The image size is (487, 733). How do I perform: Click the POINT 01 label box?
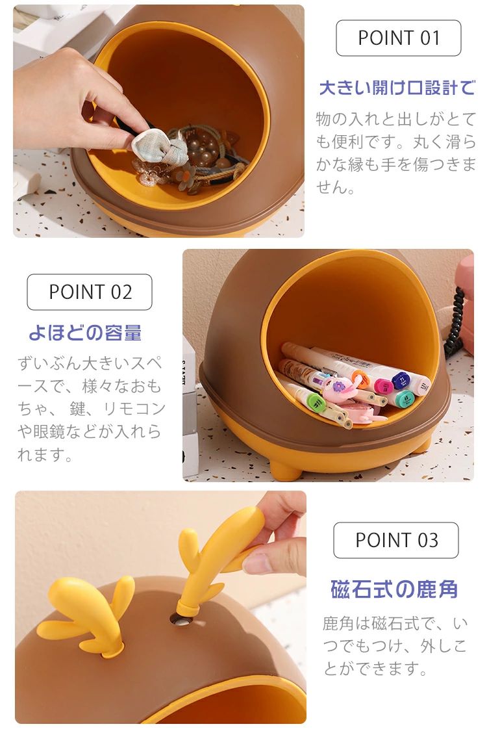pyautogui.click(x=398, y=38)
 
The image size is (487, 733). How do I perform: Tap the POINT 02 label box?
pyautogui.click(x=90, y=292)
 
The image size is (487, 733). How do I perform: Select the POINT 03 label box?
pyautogui.click(x=396, y=540)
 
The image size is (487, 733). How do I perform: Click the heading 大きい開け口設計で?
pyautogui.click(x=397, y=88)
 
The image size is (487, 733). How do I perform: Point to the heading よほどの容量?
pyautogui.click(x=85, y=333)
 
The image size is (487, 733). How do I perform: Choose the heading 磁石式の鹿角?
pyautogui.click(x=394, y=589)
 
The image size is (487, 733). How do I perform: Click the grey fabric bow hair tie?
pyautogui.click(x=160, y=147)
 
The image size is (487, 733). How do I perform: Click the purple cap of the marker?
pyautogui.click(x=400, y=381)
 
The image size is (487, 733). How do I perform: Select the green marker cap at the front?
pyautogui.click(x=316, y=402)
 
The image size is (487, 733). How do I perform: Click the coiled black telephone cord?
pyautogui.click(x=455, y=322)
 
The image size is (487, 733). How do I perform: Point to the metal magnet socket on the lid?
pyautogui.click(x=182, y=619)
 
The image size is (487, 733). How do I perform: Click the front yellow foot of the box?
pyautogui.click(x=285, y=469)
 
